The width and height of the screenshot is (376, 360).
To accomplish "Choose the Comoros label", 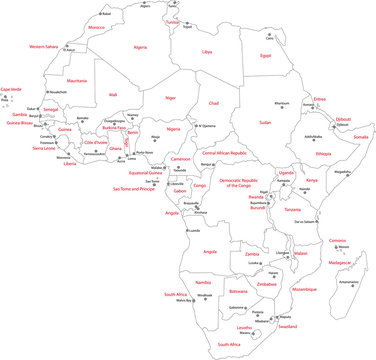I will click(x=338, y=240).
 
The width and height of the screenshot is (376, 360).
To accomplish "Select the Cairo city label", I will click(x=268, y=38).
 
